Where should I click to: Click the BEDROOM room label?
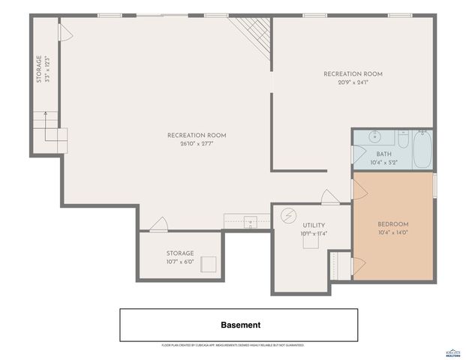tap(392, 224)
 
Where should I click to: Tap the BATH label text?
tap(383, 154)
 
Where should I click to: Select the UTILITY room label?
tap(314, 225)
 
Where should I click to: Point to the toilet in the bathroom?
tap(403, 139)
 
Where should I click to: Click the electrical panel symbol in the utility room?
tap(287, 216)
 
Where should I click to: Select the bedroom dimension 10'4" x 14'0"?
tap(392, 232)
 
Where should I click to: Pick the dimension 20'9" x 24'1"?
tap(353, 82)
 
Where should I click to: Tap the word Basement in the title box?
tap(240, 325)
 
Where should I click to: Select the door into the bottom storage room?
tap(158, 224)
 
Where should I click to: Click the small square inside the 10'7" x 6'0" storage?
tap(209, 264)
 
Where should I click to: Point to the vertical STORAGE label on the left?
tap(40, 69)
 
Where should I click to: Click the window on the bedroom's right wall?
tap(434, 185)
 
